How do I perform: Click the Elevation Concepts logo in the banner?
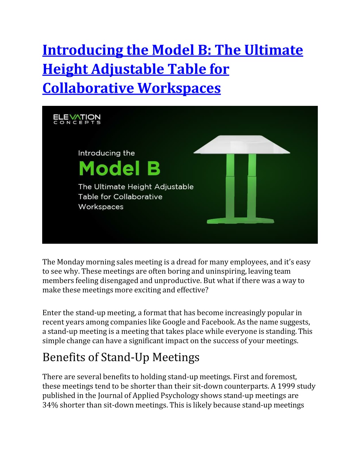click(x=77, y=119)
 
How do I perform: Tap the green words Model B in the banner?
click(x=120, y=168)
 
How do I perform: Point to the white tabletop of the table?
click(x=242, y=145)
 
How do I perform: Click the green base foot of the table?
click(x=240, y=221)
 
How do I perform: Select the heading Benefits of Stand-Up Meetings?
click(x=121, y=357)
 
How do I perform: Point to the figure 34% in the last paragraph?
click(x=50, y=405)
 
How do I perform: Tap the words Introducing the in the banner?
click(x=106, y=153)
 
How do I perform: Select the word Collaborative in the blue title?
click(x=88, y=88)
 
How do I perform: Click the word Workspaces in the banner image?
click(x=101, y=207)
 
